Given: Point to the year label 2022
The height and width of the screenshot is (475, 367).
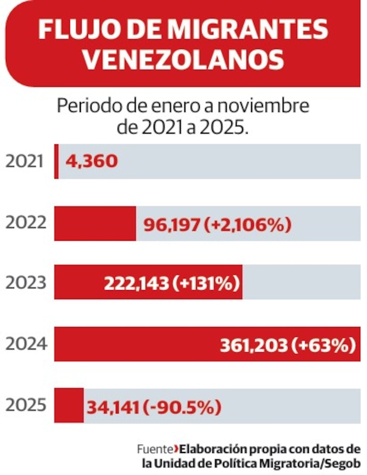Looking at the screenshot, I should point(26,223).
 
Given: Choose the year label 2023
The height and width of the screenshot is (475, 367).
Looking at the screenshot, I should point(26,283).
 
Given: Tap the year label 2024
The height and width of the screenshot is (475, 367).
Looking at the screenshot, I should point(26,344).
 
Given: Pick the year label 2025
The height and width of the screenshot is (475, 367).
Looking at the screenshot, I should point(26,406).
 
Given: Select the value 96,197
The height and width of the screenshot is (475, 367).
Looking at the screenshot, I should point(172,225).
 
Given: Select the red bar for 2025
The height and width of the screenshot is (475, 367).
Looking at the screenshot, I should point(69,406).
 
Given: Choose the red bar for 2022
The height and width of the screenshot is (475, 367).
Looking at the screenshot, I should point(95,223).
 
